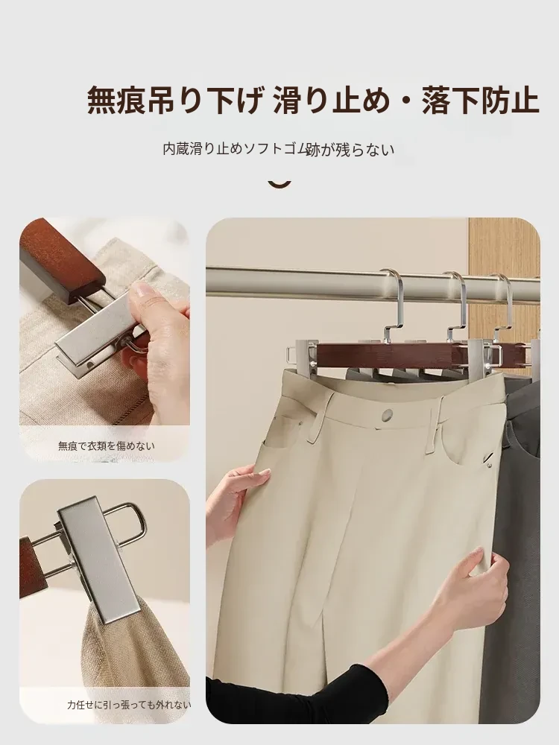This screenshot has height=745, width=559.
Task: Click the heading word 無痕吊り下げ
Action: coord(175,100)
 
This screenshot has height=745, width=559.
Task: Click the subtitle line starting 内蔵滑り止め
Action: coord(279,149)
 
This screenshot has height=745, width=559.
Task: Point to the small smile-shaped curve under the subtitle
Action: coord(279,184)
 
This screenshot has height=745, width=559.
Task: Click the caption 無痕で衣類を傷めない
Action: coord(107,446)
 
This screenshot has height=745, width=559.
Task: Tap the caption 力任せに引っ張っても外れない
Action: coord(129,705)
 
